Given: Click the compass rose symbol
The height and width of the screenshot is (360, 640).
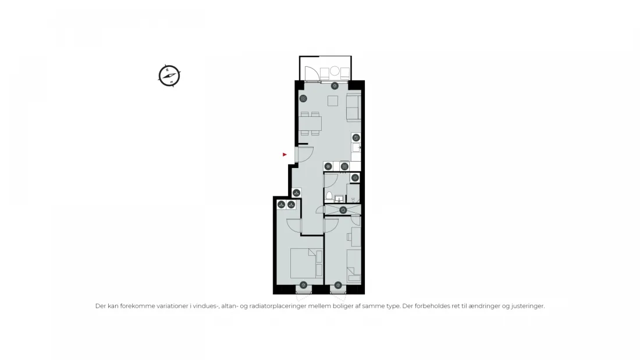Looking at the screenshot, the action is pos(169,76).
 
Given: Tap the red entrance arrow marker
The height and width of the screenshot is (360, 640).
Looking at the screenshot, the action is pos(285,154).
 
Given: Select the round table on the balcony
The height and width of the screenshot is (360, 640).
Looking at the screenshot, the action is pos(335,71).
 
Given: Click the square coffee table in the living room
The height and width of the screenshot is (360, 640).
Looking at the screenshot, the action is pos(333,101).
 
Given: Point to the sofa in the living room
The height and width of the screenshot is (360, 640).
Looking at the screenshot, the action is pos(354,107).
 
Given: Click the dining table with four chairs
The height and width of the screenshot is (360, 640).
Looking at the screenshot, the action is pos(310,123).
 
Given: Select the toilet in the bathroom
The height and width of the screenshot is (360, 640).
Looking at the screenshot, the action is pos(329,197).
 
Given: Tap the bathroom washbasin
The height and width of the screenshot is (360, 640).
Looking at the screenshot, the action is pos(339,199).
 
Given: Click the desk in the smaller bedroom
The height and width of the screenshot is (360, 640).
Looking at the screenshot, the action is pos(356,237).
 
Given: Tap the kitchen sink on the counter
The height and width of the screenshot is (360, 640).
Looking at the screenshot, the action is pos(356,147).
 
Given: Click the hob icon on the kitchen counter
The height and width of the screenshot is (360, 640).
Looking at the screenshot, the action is pos(344,166).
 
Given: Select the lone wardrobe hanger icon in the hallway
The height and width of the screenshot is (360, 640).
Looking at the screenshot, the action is pos(296,193).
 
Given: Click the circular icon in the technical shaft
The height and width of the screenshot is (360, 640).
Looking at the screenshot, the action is pos(343,210).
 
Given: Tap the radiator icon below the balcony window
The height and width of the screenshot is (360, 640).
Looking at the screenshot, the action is pos(335,85).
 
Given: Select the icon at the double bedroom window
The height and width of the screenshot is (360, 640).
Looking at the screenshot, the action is pos(303,285).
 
